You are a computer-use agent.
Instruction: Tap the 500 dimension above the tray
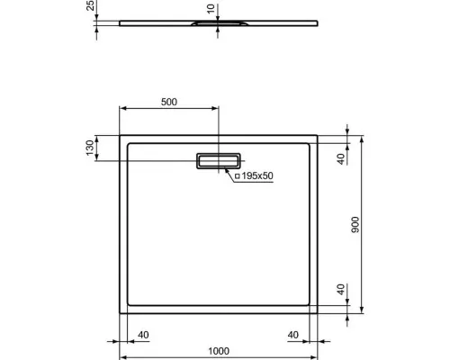point(168,102)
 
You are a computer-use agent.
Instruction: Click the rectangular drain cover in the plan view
point(219,160)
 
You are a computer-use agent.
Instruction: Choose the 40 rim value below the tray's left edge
point(144,335)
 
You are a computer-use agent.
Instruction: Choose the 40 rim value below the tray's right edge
point(293,335)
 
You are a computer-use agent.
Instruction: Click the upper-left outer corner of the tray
point(120,136)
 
